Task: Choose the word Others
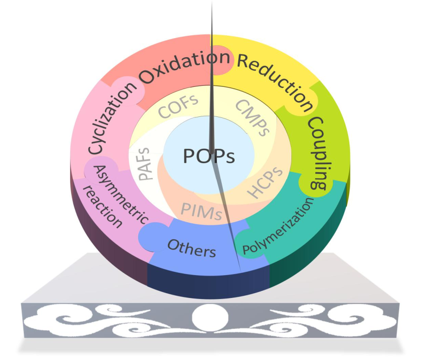(191, 248)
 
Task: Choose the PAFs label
(145, 165)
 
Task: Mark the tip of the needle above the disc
(211, 3)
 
